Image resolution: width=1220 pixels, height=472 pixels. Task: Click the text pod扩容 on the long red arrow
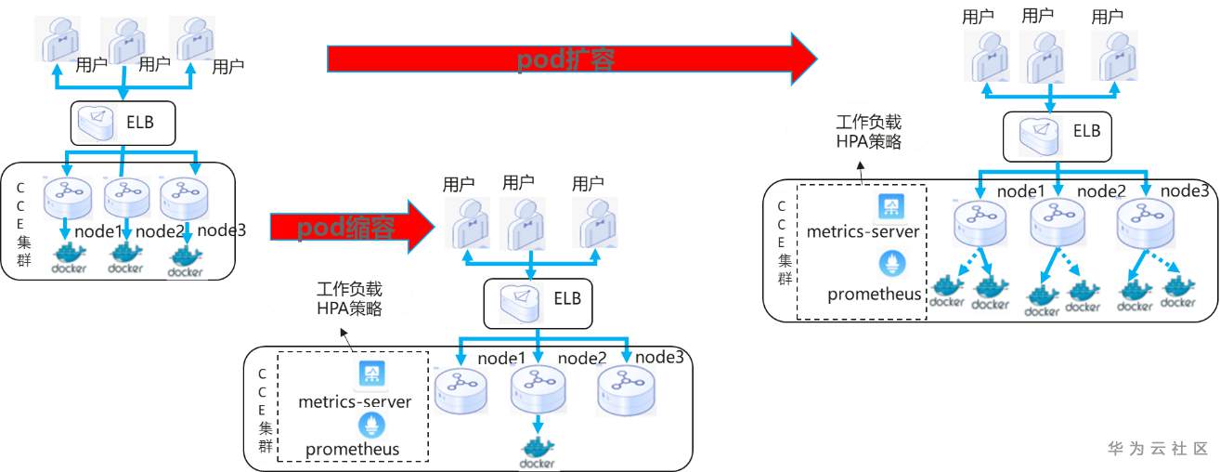[x=566, y=60]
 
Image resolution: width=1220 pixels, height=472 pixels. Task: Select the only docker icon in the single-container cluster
[x=537, y=451]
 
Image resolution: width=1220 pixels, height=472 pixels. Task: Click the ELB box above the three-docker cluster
[x=123, y=123]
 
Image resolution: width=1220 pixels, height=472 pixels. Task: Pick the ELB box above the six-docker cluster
[x=1057, y=133]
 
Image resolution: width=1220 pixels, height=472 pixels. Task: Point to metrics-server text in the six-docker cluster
[x=863, y=230]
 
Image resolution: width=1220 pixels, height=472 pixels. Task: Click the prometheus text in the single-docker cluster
[x=353, y=450]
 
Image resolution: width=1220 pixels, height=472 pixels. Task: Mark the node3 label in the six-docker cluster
[x=1187, y=190]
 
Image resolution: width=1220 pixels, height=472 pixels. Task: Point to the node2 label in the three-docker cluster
[x=161, y=231]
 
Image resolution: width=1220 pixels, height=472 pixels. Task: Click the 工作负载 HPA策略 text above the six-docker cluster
[x=868, y=132]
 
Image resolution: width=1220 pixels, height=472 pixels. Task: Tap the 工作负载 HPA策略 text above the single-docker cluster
[x=349, y=299]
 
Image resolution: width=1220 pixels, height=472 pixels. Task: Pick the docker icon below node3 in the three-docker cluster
[x=186, y=260]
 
